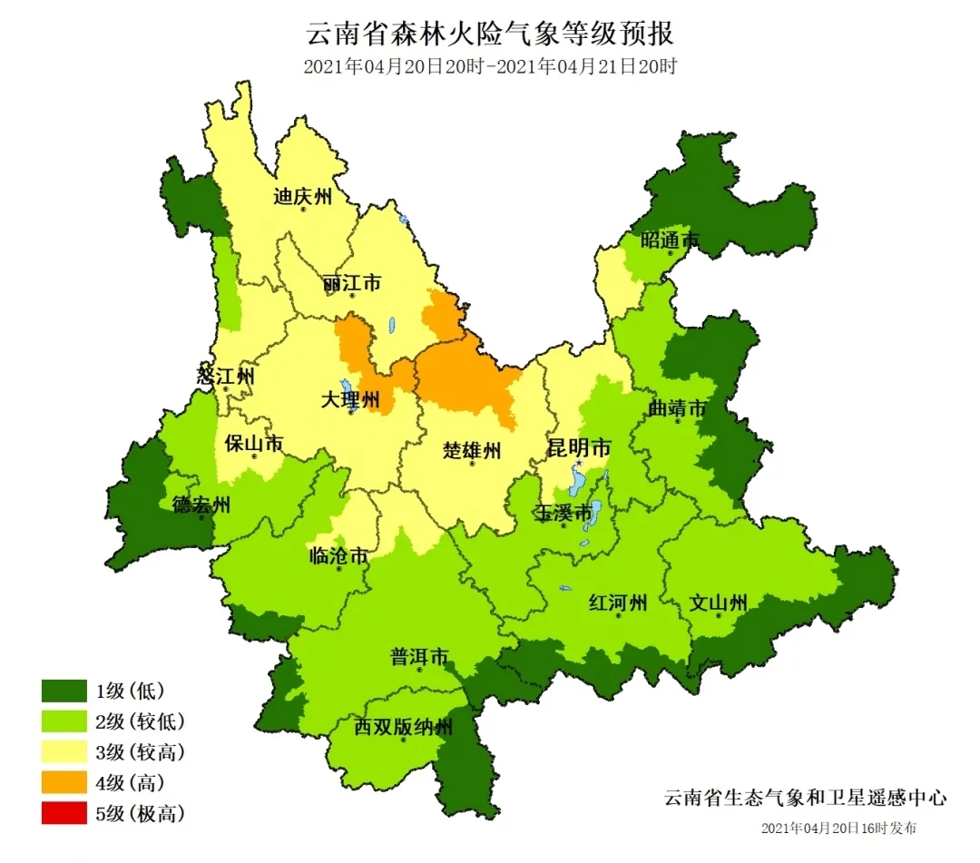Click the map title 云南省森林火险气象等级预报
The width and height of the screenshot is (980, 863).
tap(490, 35)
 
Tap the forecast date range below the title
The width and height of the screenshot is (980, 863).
tap(490, 67)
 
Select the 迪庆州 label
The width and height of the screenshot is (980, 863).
tap(303, 197)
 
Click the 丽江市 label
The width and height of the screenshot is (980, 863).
tap(351, 284)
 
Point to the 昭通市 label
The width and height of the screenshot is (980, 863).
tap(671, 240)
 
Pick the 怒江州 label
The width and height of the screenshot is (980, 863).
tap(226, 376)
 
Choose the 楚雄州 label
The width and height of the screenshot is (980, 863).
tap(472, 450)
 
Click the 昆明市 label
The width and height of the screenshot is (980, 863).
tap(578, 447)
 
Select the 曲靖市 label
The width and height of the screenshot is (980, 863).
tap(677, 409)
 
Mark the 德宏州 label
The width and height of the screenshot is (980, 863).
tap(201, 505)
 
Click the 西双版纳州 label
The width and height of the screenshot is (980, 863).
tap(403, 727)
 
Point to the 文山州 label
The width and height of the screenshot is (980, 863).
tap(718, 603)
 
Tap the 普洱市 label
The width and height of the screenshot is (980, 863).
tap(420, 656)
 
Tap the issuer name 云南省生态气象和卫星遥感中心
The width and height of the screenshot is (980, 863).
tap(805, 798)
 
